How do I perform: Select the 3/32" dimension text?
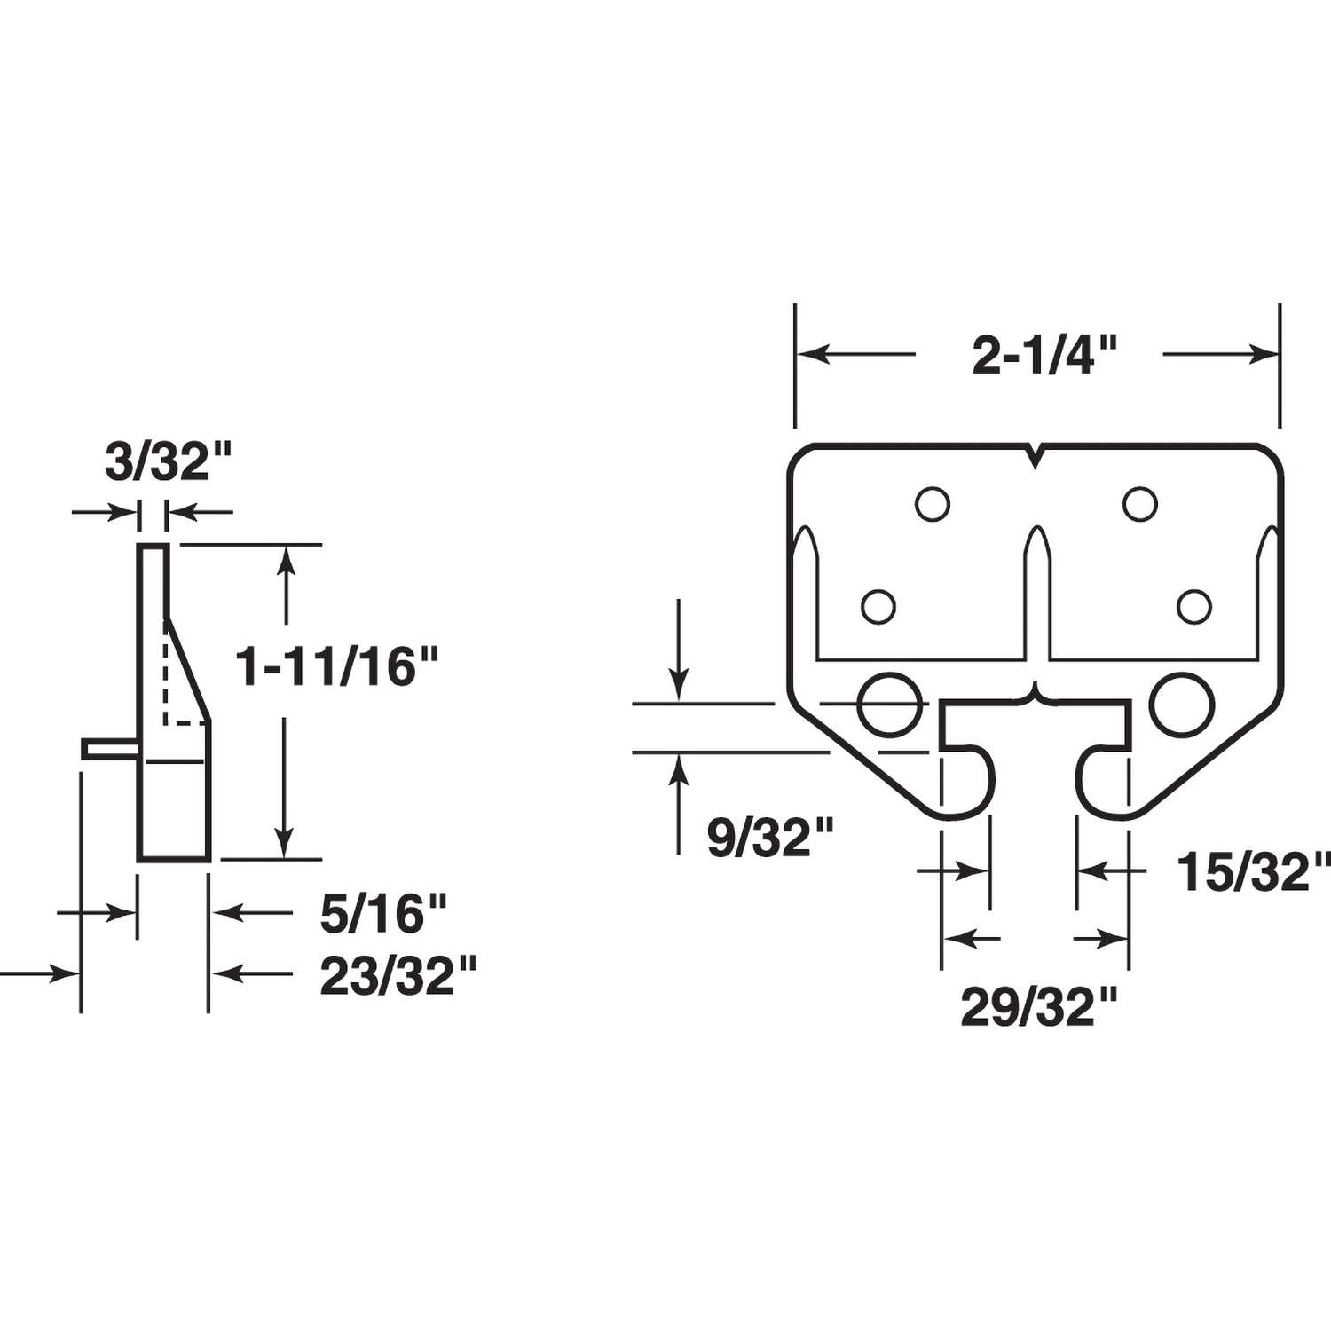point(169,463)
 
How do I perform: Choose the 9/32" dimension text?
point(770,838)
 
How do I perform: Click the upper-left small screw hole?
point(933,504)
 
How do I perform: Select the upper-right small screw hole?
point(1140,504)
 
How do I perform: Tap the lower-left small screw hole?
point(878,607)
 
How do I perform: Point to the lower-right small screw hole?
point(1194,607)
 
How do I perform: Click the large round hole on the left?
point(888,705)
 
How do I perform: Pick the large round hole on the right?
point(1184,705)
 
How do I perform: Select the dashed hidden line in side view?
point(166,674)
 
